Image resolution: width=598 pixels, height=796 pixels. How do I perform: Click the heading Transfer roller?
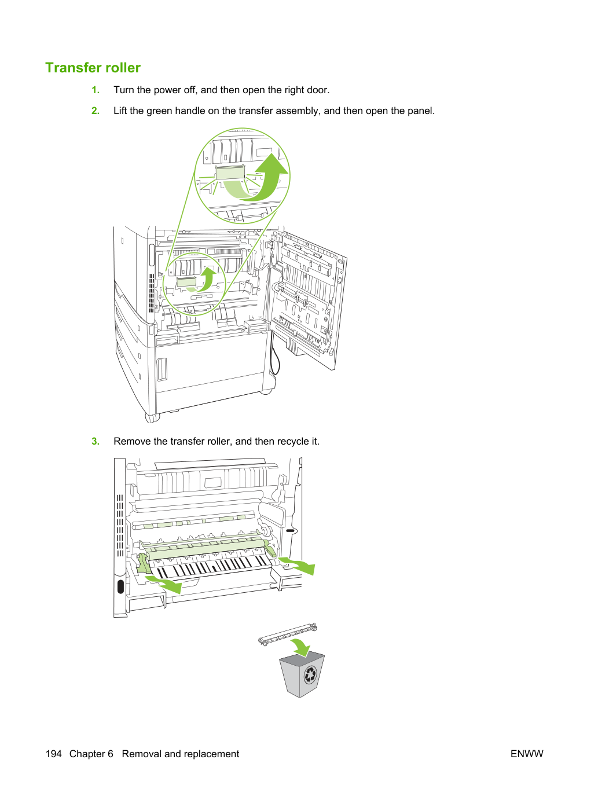93,68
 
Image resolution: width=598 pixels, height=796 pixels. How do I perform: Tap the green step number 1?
96,90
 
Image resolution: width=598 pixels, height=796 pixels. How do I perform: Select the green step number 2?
96,111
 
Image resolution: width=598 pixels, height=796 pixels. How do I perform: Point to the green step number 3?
96,441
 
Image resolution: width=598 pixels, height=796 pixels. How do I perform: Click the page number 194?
54,754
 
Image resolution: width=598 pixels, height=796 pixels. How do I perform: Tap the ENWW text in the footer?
527,754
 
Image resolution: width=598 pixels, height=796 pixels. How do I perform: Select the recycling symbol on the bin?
310,675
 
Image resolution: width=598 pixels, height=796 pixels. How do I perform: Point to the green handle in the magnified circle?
230,173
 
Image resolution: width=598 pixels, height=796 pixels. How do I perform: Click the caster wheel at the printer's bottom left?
152,418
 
